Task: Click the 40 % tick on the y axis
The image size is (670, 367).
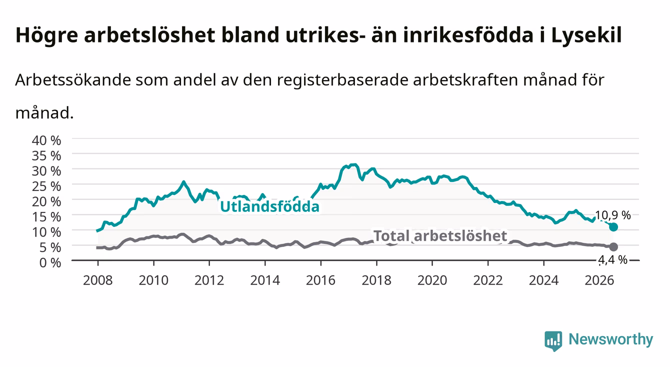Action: coord(46,140)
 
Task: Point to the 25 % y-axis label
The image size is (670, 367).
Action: coord(46,186)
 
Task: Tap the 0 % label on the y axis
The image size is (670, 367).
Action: coord(50,262)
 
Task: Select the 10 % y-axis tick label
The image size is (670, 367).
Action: coord(46,232)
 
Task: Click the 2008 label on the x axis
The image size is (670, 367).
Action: coord(98,280)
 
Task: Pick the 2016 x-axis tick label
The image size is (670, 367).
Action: coord(320,280)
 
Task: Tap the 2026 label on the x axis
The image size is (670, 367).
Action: coord(599,280)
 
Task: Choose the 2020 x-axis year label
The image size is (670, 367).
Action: coord(432,280)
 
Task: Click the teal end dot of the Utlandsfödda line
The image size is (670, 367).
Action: coord(613,227)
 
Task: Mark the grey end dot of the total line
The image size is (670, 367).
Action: coord(613,247)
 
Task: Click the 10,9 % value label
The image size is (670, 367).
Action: coord(613,215)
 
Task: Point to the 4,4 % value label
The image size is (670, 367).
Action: coord(613,259)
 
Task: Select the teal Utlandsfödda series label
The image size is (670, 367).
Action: coord(270,206)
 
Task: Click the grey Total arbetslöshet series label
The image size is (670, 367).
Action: coord(440,235)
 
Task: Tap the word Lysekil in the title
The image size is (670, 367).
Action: coord(586,35)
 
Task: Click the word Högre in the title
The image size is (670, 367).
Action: coord(47,35)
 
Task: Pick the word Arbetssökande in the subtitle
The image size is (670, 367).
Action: coord(73,80)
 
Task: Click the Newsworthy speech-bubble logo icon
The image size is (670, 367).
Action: coord(553,341)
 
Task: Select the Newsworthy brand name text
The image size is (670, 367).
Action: coord(611,339)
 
